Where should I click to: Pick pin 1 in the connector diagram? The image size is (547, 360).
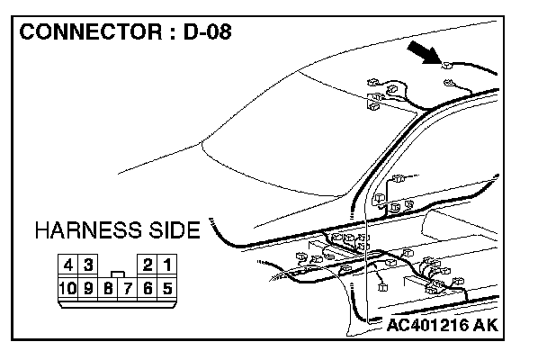point(167,266)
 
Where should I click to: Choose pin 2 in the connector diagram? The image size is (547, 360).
point(148,266)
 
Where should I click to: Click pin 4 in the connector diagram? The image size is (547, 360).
point(68,266)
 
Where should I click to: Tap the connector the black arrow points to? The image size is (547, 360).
point(447,65)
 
